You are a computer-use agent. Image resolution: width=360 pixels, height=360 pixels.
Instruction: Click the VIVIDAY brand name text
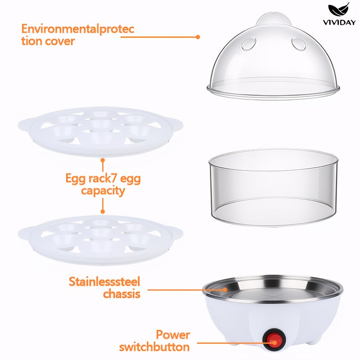(339, 22)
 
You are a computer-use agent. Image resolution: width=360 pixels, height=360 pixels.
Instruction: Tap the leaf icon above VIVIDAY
(339, 10)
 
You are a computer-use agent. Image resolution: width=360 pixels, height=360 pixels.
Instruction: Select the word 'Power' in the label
(173, 334)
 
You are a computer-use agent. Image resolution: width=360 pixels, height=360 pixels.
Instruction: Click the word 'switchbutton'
(154, 346)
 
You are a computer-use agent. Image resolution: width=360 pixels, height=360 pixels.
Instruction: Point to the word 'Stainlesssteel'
(104, 282)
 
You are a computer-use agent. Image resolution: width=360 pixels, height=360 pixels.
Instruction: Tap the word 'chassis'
(121, 293)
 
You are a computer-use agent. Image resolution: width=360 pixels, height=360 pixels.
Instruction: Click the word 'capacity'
(103, 191)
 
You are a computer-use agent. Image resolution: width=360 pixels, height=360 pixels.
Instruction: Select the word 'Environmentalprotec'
(77, 29)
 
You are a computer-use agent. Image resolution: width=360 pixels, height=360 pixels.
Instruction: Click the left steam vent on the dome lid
(249, 44)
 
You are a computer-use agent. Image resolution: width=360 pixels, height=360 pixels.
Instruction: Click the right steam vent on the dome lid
(298, 44)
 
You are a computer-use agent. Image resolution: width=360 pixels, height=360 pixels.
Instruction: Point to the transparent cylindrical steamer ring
(273, 188)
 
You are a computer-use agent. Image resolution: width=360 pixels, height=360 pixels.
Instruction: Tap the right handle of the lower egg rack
(176, 233)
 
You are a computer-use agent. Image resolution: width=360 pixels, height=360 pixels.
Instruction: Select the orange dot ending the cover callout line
(198, 37)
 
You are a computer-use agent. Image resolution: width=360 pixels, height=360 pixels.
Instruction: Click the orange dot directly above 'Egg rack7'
(103, 160)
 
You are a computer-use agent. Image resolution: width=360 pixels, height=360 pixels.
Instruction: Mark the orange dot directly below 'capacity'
(103, 211)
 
